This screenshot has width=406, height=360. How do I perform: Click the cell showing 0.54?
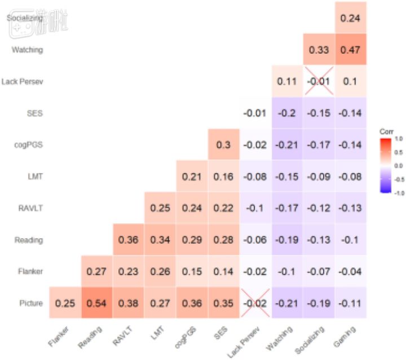click(96, 303)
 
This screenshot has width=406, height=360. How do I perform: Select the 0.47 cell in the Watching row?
click(350, 50)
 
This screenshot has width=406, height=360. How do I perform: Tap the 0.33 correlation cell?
click(319, 50)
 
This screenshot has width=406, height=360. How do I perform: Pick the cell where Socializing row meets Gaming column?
click(350, 18)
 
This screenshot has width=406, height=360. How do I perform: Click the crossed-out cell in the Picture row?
click(255, 303)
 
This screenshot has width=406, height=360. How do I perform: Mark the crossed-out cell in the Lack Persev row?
click(319, 81)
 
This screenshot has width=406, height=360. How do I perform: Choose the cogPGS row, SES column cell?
click(224, 144)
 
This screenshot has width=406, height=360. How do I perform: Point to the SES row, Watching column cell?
click(287, 113)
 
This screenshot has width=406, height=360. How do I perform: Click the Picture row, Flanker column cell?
click(65, 303)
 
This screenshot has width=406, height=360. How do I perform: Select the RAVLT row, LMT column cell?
click(160, 208)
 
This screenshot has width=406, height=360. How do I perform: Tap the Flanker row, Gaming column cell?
click(350, 271)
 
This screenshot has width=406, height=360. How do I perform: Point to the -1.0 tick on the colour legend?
click(398, 192)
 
